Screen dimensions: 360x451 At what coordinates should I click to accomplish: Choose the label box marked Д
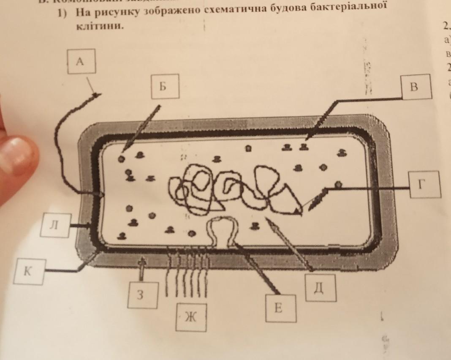(320, 287)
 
